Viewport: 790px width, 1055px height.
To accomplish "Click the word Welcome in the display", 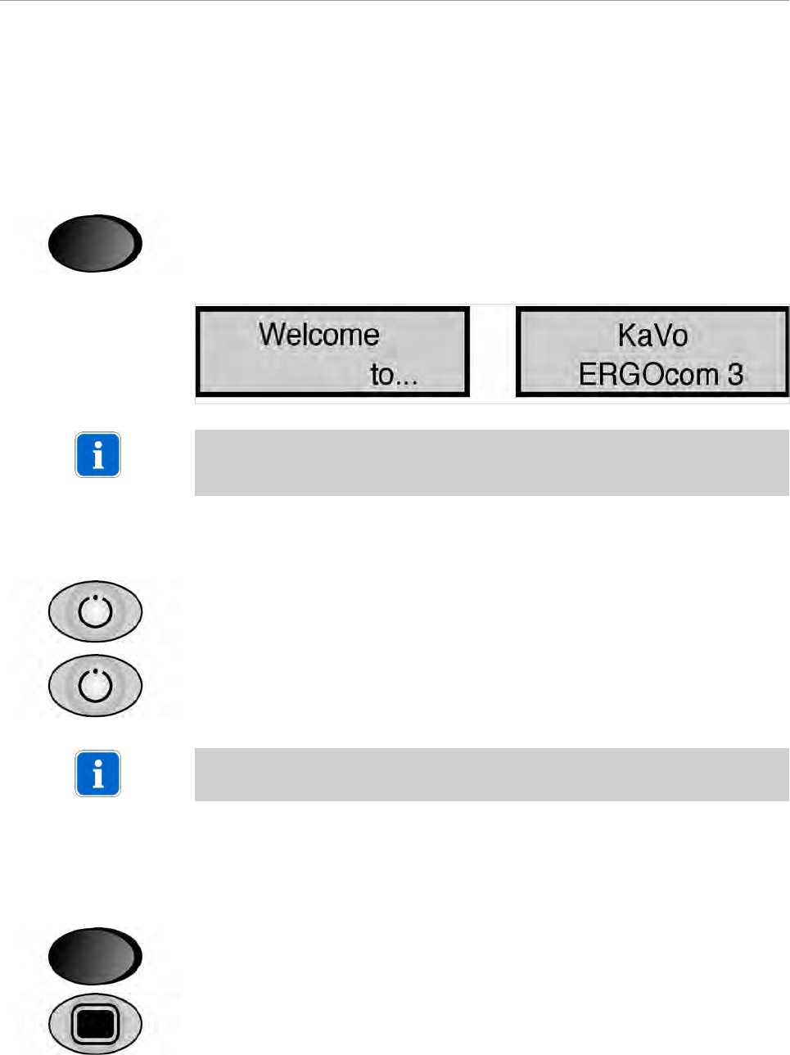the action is click(318, 335).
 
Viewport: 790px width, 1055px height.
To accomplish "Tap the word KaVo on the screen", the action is click(652, 336).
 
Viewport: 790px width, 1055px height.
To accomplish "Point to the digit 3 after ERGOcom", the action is click(735, 375).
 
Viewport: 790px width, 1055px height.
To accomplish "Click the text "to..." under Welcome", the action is click(394, 375).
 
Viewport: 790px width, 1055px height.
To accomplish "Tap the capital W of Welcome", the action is click(273, 335).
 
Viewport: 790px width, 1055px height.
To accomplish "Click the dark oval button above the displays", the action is click(95, 243).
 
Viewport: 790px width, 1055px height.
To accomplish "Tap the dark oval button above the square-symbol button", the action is click(95, 955).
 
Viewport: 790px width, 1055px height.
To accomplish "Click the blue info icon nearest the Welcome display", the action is click(98, 455).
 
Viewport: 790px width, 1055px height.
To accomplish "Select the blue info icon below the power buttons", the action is click(98, 773).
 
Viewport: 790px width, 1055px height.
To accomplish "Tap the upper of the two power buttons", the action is click(95, 611).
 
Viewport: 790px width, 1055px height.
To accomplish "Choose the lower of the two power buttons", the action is click(95, 685).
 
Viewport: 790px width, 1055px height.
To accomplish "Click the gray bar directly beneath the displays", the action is click(491, 462).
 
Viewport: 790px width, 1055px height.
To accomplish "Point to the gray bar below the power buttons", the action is click(491, 774).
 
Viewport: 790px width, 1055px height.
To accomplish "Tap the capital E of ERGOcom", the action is click(587, 375).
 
